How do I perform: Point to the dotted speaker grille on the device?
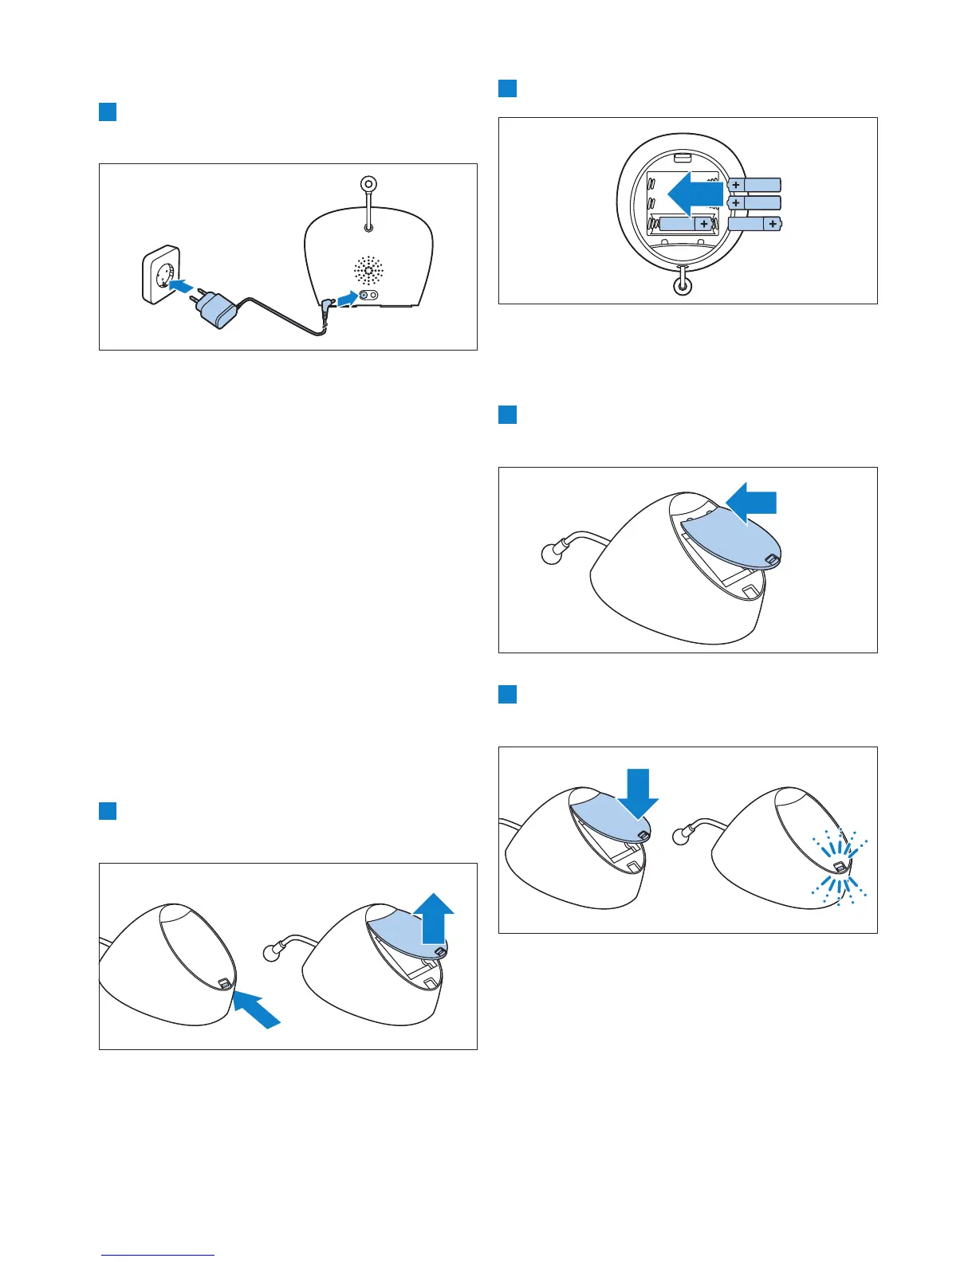369,271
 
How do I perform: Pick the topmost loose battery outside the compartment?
754,185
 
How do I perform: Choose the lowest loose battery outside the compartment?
754,225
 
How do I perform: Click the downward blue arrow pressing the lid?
640,791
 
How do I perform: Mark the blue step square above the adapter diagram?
108,112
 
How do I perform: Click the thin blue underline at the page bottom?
158,1255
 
